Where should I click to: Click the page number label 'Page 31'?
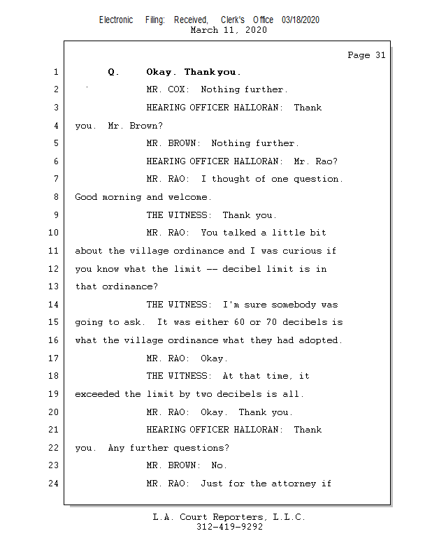(366, 55)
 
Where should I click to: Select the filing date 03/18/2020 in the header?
(301, 20)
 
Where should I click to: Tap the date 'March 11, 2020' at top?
(229, 30)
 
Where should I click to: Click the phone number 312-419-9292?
(229, 527)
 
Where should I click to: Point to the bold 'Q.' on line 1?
(113, 73)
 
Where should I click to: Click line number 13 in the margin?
(54, 286)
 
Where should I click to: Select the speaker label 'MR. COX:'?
(168, 89)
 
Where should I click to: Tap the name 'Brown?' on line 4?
(146, 126)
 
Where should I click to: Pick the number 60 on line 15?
(239, 322)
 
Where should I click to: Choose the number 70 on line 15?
(271, 322)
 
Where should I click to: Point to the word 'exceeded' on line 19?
(97, 394)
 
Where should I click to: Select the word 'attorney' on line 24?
(294, 484)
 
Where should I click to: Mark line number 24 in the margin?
(54, 484)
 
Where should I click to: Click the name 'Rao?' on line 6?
(326, 161)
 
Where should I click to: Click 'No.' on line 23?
(219, 465)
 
